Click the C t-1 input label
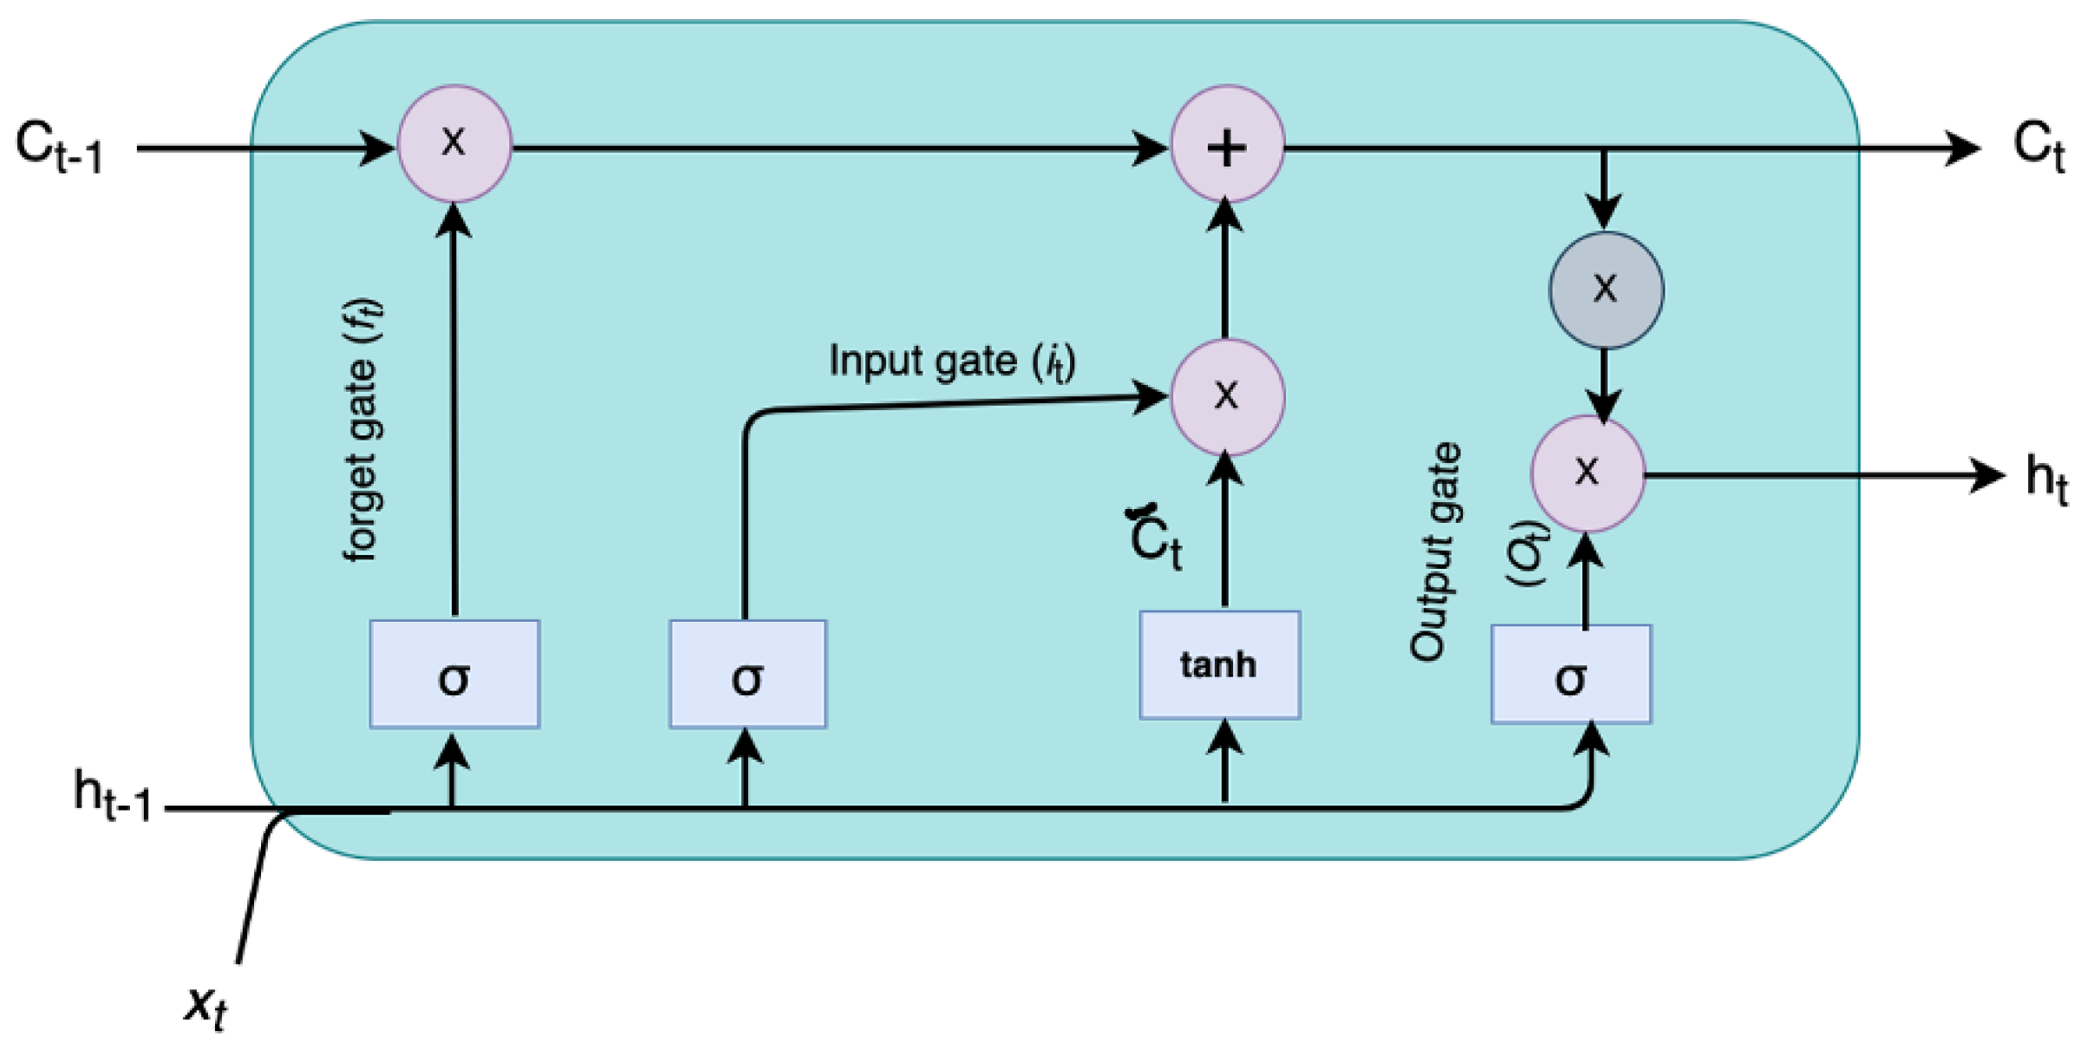point(59,148)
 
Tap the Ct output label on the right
point(2038,147)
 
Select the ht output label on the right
point(2046,478)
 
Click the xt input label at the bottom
point(205,1007)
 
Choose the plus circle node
point(1227,145)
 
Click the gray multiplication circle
point(1606,290)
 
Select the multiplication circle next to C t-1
point(454,144)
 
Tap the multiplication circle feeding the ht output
point(1587,473)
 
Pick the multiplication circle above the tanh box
point(1227,397)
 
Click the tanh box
point(1219,665)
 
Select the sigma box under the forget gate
point(454,675)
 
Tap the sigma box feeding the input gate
point(747,675)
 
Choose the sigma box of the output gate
point(1571,675)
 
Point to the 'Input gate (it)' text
point(951,361)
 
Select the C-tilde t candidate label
point(1155,538)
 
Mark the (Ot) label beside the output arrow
point(1526,553)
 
